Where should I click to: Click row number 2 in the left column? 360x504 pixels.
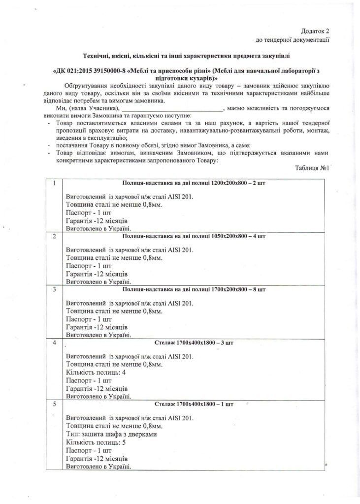tap(54, 236)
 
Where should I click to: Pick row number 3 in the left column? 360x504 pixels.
tap(54, 289)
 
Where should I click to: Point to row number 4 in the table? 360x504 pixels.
tap(54, 343)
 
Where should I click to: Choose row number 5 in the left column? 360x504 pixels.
tap(54, 405)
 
